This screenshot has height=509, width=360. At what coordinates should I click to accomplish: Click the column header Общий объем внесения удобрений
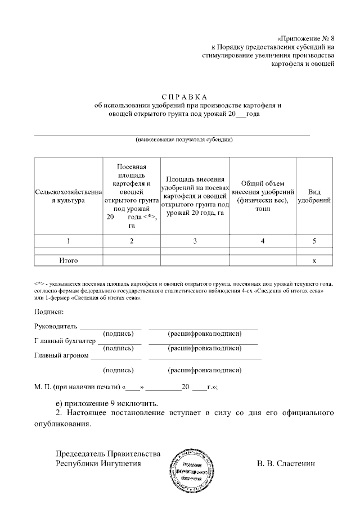click(x=263, y=195)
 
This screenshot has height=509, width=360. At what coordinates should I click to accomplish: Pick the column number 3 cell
click(x=195, y=241)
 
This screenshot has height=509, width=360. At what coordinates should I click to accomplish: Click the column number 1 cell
click(x=68, y=241)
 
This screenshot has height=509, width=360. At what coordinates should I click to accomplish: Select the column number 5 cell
click(x=314, y=241)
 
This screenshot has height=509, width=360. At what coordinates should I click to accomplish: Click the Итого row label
click(x=68, y=261)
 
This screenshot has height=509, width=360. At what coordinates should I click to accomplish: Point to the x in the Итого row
click(x=314, y=261)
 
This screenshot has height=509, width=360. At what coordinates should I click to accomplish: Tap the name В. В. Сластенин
click(x=286, y=464)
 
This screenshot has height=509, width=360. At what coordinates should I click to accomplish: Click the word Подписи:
click(x=49, y=312)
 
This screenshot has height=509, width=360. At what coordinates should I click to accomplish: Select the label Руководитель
click(x=56, y=326)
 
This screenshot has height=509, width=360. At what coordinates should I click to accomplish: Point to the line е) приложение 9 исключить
click(x=107, y=403)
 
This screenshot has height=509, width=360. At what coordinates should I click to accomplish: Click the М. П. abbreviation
click(x=43, y=387)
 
